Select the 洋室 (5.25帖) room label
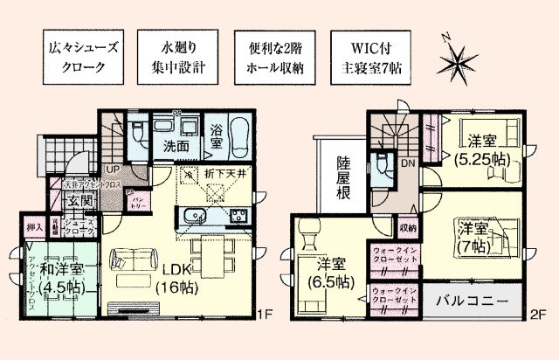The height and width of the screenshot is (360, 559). point(481,149)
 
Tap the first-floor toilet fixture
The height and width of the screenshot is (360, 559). point(140,134)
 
